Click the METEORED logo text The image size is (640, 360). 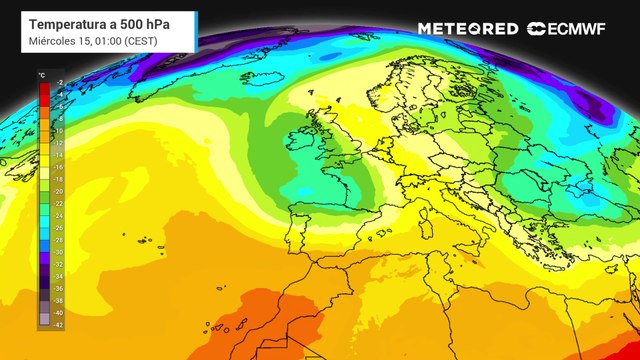468,29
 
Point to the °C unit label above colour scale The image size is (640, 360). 42,75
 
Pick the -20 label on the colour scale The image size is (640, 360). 59,191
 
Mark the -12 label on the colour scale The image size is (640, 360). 59,143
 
